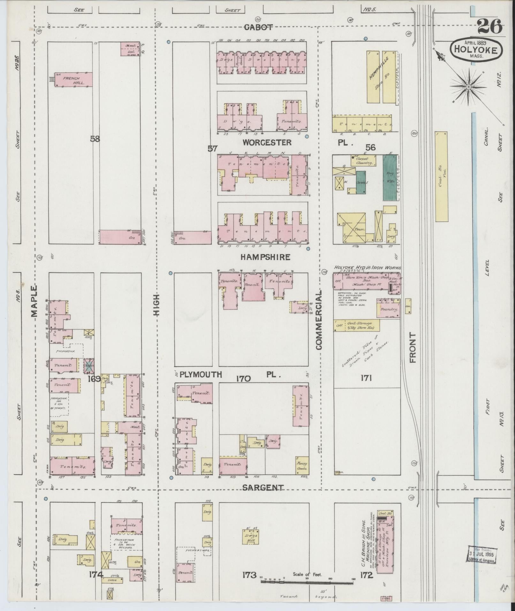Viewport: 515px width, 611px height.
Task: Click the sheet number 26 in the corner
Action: pyautogui.click(x=490, y=26)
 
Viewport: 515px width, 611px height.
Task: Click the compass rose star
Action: pyautogui.click(x=468, y=87)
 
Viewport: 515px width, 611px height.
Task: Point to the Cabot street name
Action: pyautogui.click(x=258, y=27)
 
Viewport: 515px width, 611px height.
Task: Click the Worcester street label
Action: pyautogui.click(x=267, y=142)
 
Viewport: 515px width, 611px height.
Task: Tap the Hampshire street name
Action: pyautogui.click(x=266, y=257)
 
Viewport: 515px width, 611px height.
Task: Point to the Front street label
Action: pyautogui.click(x=413, y=347)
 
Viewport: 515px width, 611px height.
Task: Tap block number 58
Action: pyautogui.click(x=95, y=139)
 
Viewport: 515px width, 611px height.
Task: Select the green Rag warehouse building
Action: pyautogui.click(x=390, y=178)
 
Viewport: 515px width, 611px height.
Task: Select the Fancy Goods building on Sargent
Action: pyautogui.click(x=302, y=466)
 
